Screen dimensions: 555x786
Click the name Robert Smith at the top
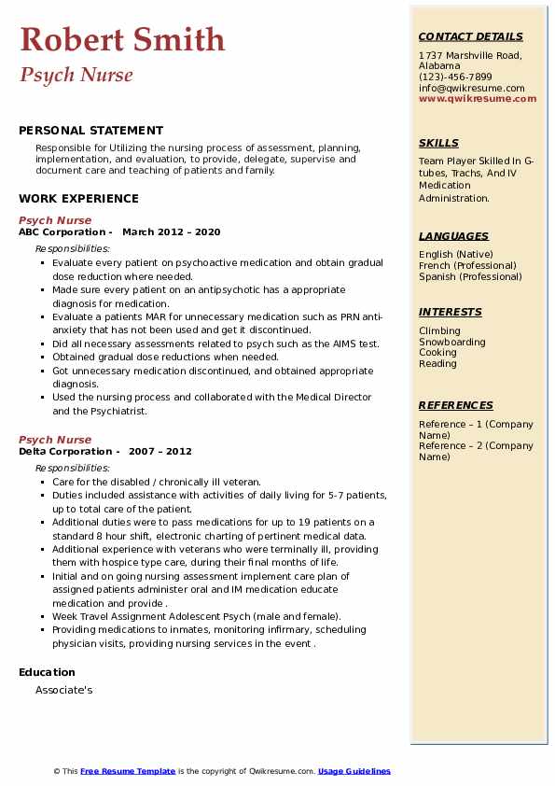point(122,39)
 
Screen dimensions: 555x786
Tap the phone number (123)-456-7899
point(455,77)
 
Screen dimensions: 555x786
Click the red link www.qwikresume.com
point(478,98)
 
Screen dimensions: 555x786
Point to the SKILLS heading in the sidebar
point(438,143)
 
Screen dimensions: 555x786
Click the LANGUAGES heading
point(453,236)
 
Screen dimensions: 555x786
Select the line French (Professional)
point(467,265)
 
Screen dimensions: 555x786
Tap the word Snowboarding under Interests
point(452,342)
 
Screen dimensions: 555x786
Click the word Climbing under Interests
point(439,330)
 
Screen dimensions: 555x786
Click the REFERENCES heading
point(456,405)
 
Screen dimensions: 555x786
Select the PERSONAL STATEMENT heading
point(90,131)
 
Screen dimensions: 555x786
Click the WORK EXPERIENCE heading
point(78,198)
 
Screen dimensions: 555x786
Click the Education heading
point(47,672)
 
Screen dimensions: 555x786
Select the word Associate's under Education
point(63,691)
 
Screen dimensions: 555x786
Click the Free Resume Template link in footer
point(128,771)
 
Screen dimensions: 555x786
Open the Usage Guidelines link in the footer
point(354,771)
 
